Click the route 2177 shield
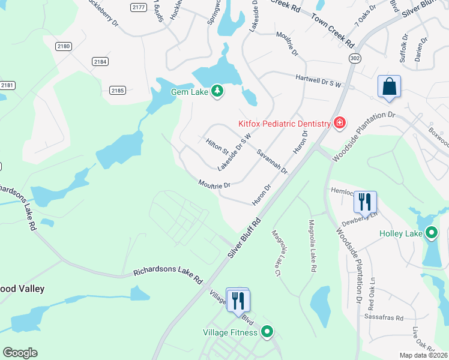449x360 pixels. tap(139, 7)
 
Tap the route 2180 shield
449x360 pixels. tap(64, 46)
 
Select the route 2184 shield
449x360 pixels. tap(100, 61)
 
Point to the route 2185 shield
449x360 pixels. tap(118, 91)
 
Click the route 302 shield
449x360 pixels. tap(355, 58)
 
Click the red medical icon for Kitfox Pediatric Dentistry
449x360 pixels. tap(340, 123)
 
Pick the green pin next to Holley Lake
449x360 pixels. tap(431, 233)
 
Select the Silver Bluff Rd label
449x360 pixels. tap(246, 238)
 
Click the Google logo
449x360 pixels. tap(20, 353)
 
